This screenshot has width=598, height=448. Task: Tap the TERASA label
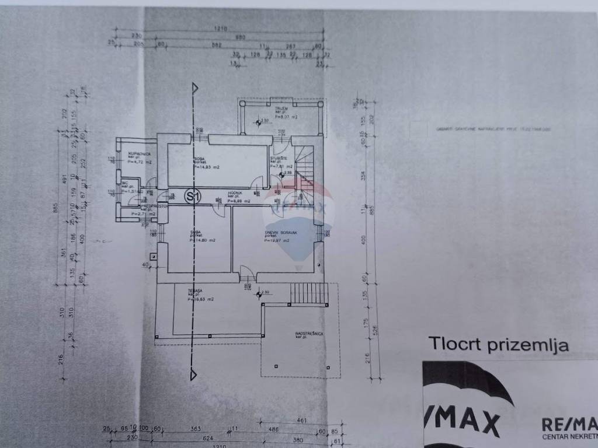tap(195, 290)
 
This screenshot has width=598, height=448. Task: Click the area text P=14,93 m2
tap(208, 167)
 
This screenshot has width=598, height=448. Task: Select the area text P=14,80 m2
tap(203, 240)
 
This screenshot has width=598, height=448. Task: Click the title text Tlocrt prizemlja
tap(498, 344)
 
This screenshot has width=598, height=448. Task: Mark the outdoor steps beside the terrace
tap(309, 293)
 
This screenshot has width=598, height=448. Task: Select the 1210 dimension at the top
tap(219, 28)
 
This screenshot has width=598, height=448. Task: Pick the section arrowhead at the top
tap(196, 87)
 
